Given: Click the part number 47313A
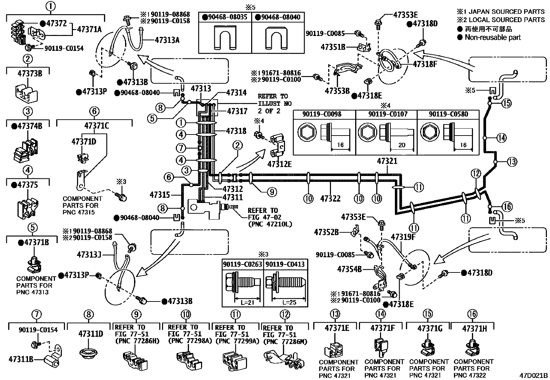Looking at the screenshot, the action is [x=167, y=40].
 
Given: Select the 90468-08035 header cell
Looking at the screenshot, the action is [x=225, y=17].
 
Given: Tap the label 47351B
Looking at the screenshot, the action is [x=333, y=47].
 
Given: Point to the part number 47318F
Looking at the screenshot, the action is [x=425, y=64].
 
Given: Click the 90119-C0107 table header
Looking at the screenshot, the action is [x=387, y=114].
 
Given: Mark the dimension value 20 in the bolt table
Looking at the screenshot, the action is [x=402, y=145].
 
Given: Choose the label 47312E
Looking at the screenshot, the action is [x=279, y=164].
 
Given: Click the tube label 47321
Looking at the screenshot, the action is [x=387, y=161].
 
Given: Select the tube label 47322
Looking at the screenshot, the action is [x=330, y=198].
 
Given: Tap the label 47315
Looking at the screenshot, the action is [x=160, y=195].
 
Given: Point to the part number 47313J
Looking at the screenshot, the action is [x=89, y=254].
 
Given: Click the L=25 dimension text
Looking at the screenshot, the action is [x=289, y=302].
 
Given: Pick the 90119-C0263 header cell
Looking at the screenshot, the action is [x=243, y=264].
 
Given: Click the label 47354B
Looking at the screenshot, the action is [x=349, y=269].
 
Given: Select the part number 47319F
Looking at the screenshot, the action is [x=403, y=237].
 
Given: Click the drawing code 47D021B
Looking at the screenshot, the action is [x=533, y=376].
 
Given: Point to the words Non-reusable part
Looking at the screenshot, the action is [x=493, y=37].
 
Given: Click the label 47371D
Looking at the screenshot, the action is [x=84, y=141].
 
